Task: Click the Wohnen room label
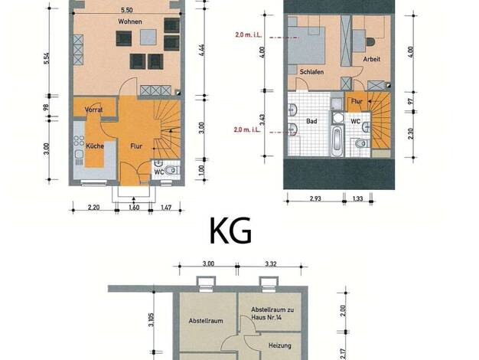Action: point(130,21)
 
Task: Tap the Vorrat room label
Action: point(94,110)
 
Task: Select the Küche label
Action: point(95,146)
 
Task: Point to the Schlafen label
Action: point(311,72)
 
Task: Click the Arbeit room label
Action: point(371,59)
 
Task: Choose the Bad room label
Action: point(311,122)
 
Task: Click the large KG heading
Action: point(231,231)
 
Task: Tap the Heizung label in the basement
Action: point(280,345)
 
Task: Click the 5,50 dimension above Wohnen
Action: point(127,10)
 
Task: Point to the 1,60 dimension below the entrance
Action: point(134,208)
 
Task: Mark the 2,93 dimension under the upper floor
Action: point(315,198)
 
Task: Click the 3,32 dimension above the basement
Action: point(271,263)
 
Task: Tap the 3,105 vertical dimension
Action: point(151,320)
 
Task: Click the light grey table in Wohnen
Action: point(148,38)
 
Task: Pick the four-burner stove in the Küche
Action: point(79,141)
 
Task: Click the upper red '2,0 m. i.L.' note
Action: point(249,35)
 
